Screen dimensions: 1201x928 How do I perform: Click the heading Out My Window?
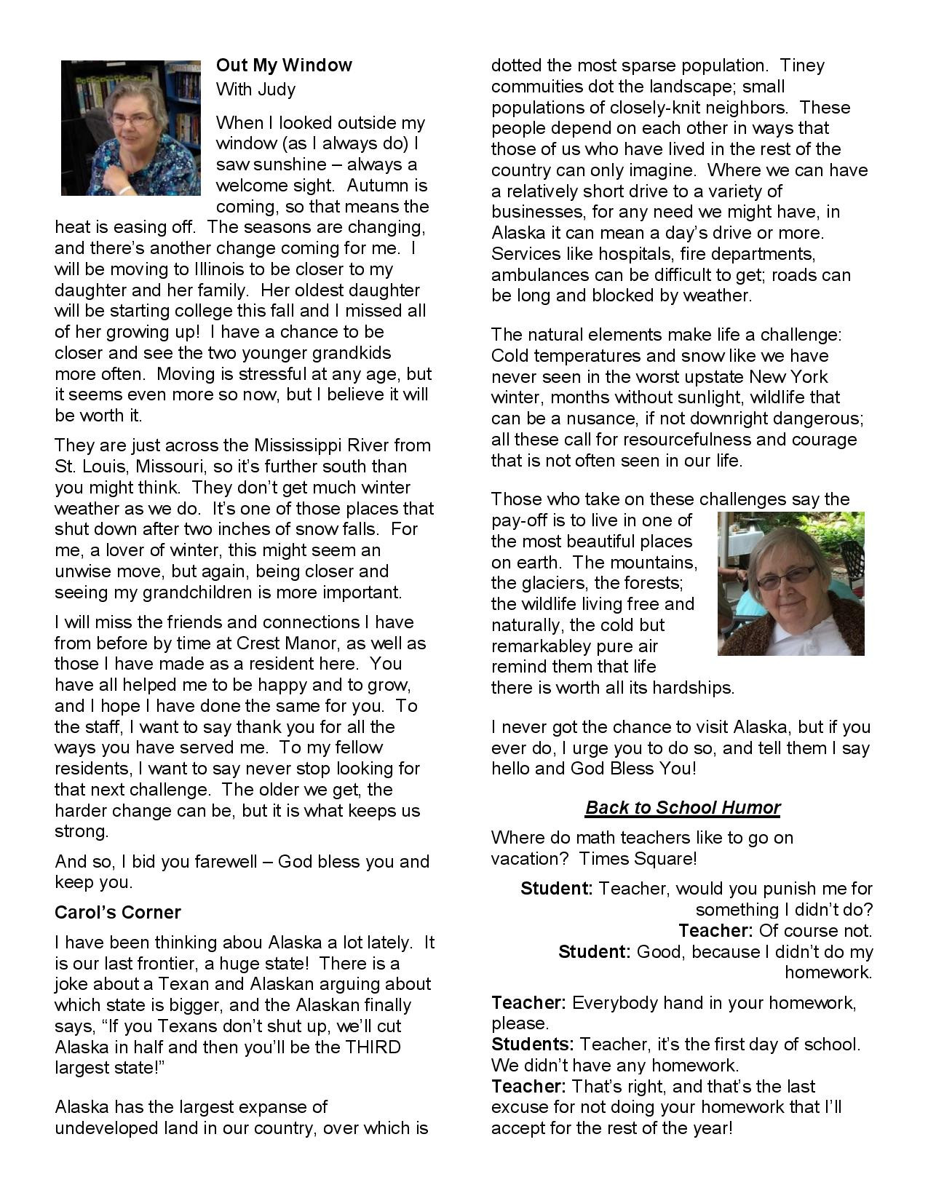[x=284, y=66]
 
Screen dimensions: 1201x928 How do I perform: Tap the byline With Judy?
[x=255, y=90]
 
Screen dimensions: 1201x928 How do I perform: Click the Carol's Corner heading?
[x=118, y=912]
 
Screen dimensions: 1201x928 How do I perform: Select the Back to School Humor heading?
[x=683, y=807]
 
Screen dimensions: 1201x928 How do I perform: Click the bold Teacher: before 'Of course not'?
[x=715, y=930]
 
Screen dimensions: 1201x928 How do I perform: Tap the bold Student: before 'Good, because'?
[x=594, y=951]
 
